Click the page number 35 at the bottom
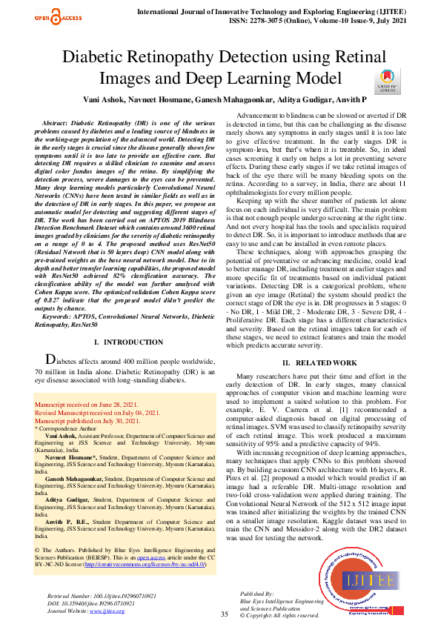click(224, 614)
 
